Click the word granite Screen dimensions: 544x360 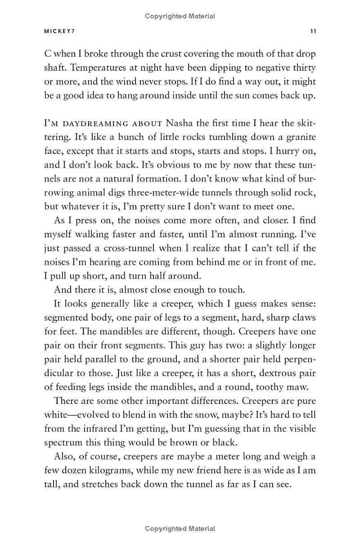[x=295, y=137]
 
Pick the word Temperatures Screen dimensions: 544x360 [x=97, y=68]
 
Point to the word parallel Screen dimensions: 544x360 [x=101, y=359]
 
